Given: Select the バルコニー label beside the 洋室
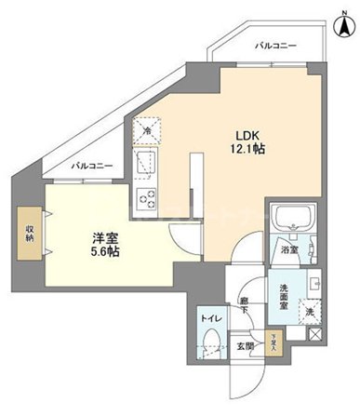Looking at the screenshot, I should point(94,167).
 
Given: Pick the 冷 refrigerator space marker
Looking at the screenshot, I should point(147,132).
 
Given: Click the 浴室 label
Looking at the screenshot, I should point(288,249).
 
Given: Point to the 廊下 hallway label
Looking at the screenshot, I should point(244,303).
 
